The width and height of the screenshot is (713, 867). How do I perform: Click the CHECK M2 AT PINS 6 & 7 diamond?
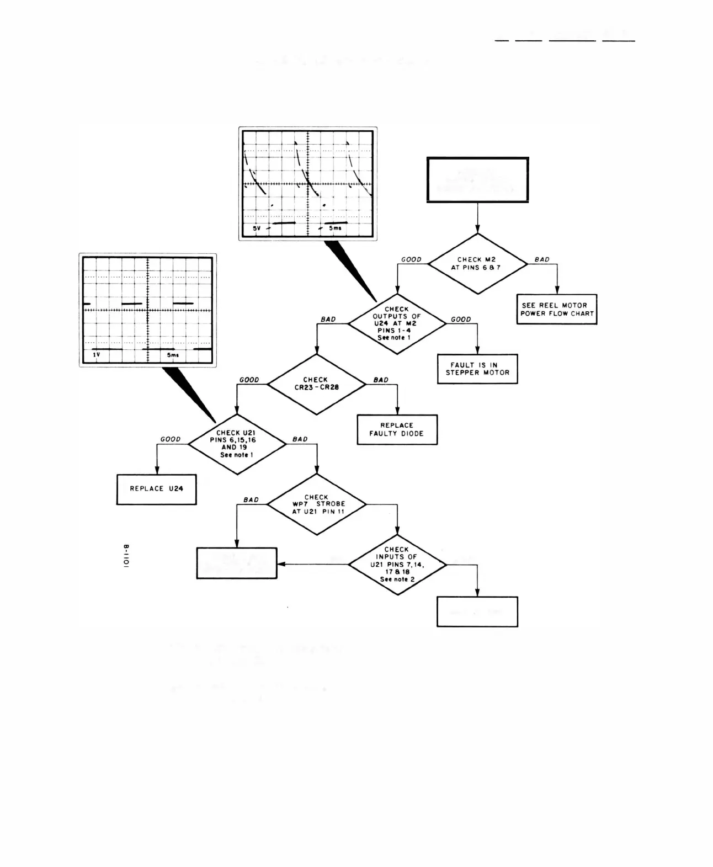(478, 264)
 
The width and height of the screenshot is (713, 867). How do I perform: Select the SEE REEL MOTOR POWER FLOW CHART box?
(557, 309)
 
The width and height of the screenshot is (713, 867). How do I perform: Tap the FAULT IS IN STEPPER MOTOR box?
(477, 369)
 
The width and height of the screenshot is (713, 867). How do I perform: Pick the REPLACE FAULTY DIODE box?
(397, 429)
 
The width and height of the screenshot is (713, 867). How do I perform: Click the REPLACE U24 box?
(156, 489)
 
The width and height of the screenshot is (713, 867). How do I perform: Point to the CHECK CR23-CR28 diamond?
(316, 384)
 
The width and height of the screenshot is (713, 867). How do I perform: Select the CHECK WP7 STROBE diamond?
(317, 504)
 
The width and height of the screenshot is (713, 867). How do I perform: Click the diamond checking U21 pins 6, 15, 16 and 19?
(237, 444)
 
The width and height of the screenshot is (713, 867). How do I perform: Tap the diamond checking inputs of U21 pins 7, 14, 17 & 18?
(397, 564)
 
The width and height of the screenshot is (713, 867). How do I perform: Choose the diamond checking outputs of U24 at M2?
(397, 323)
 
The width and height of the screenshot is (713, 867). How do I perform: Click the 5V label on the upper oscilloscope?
(257, 228)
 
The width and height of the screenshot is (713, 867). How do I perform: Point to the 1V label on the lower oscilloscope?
(97, 355)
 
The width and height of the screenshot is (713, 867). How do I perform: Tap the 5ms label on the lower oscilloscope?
(173, 355)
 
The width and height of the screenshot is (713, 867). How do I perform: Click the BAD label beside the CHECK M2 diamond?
(542, 259)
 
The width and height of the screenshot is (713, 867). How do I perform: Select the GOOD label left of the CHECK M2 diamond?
(411, 259)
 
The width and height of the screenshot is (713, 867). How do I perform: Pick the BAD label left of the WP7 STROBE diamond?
(251, 499)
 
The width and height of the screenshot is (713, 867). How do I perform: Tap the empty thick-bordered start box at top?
(477, 180)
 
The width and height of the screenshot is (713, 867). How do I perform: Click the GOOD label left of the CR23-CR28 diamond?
(249, 380)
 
